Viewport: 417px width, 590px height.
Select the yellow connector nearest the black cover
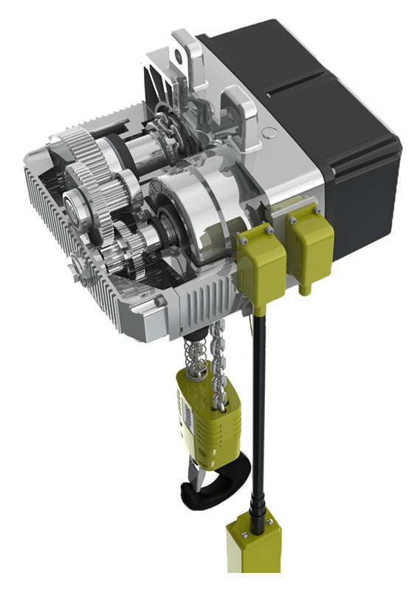click(309, 247)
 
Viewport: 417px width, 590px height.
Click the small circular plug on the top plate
click(269, 133)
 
